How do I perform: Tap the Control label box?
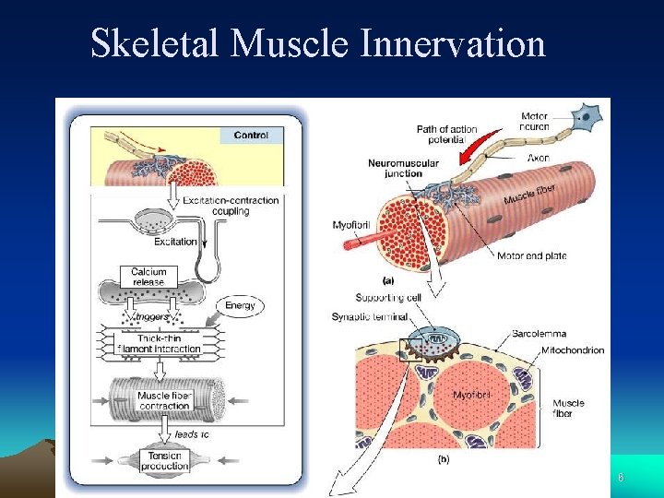[x=251, y=136]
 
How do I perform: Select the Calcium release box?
[x=148, y=276]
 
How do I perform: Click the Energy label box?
[x=241, y=305]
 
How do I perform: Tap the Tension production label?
[x=164, y=461]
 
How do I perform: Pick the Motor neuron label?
[x=535, y=121]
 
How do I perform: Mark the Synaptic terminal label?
[x=369, y=317]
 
